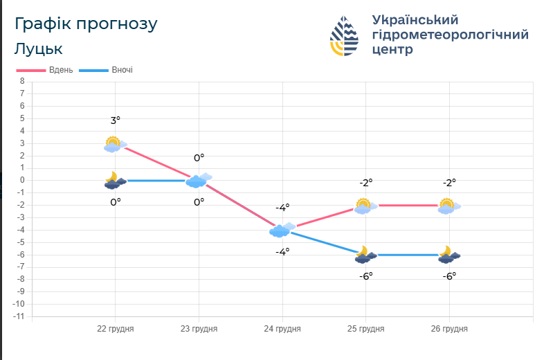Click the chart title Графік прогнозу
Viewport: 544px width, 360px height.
click(x=86, y=24)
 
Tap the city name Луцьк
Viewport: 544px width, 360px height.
click(x=38, y=49)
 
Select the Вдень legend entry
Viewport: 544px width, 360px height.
click(x=45, y=70)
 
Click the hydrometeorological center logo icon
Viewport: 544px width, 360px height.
click(x=345, y=35)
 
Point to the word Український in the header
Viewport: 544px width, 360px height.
click(x=415, y=19)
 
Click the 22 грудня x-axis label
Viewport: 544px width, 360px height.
click(x=116, y=329)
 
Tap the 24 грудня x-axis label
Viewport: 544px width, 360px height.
click(x=282, y=329)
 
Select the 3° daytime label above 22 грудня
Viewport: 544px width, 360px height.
click(x=116, y=120)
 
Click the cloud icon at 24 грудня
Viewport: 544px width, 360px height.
click(x=281, y=230)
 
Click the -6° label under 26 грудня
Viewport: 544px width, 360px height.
click(x=449, y=276)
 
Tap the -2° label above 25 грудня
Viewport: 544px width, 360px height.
click(x=365, y=183)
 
